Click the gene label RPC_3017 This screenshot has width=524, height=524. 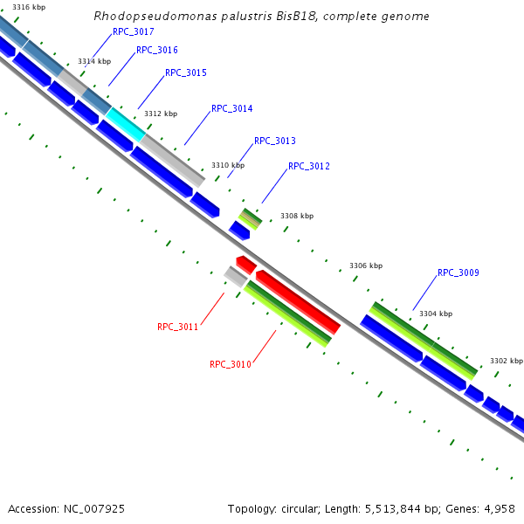134,31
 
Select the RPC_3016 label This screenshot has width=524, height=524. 157,51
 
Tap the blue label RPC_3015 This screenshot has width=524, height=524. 186,72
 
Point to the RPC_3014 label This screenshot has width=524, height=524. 232,109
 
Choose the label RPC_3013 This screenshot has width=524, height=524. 275,141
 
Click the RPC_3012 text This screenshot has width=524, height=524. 309,166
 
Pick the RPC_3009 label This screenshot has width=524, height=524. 458,272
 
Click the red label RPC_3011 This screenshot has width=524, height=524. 178,327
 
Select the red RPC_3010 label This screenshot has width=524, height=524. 231,364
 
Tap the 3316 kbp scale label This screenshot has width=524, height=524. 29,7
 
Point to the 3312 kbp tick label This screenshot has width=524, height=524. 161,114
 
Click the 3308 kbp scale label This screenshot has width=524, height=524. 297,216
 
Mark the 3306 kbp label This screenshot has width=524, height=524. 366,265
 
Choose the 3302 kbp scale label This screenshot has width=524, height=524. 507,361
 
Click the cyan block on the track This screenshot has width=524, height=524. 126,124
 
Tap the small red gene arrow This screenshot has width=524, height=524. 246,264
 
